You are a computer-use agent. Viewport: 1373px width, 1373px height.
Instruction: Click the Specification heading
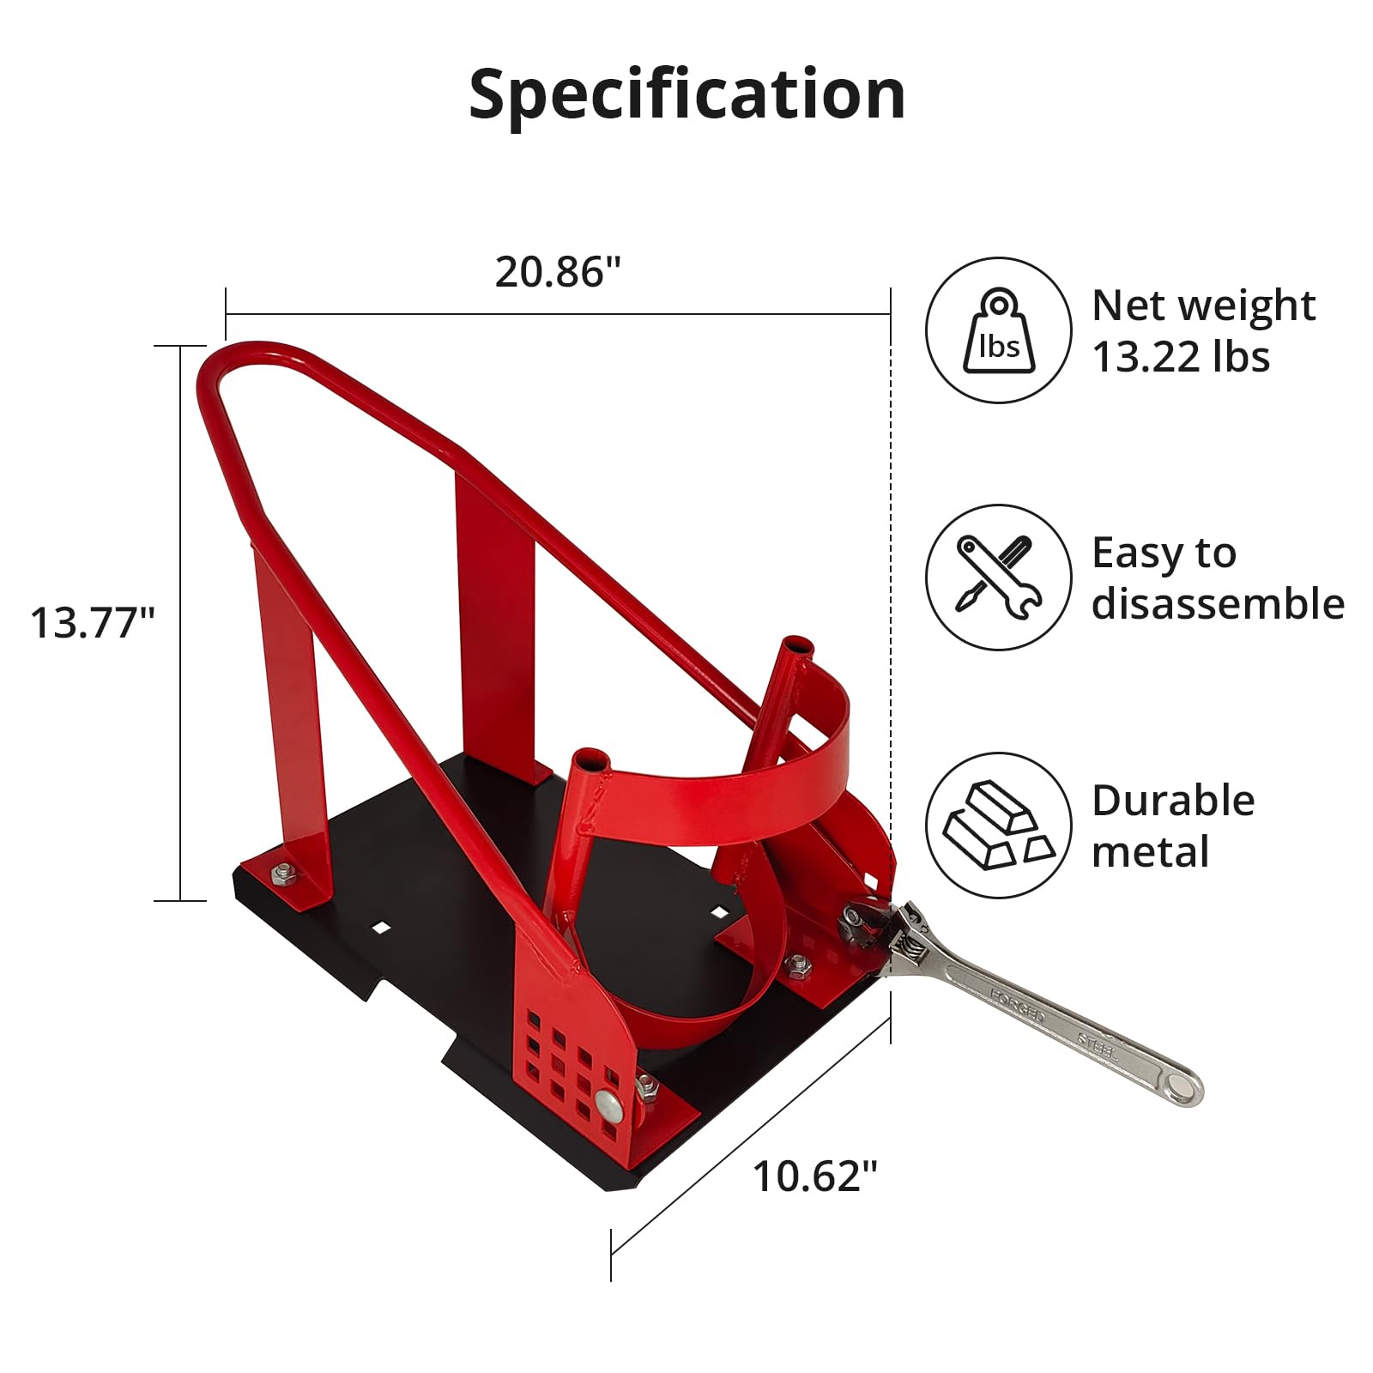coord(686,94)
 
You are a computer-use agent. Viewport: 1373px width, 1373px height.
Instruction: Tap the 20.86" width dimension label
coord(557,272)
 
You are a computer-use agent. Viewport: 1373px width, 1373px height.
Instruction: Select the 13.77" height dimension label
coord(92,622)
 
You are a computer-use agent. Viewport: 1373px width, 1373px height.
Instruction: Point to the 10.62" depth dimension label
coord(815,1176)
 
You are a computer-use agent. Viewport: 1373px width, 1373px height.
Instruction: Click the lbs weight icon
coord(999,330)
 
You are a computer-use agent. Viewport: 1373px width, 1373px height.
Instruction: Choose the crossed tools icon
coord(999,578)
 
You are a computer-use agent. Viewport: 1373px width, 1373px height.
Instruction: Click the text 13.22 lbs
coord(1181,356)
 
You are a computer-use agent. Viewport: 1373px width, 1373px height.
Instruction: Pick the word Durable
coord(1173,801)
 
